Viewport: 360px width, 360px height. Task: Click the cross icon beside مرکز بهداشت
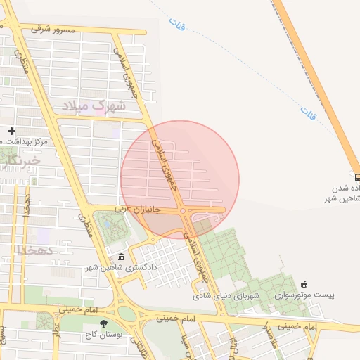(x=11, y=131)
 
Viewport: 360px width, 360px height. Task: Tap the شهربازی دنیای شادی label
(x=227, y=296)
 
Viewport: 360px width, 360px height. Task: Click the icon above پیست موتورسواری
(x=304, y=284)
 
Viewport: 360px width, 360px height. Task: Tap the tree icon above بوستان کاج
(x=105, y=323)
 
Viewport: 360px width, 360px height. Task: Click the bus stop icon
(x=356, y=178)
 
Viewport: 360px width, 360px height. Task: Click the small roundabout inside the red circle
(x=182, y=211)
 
